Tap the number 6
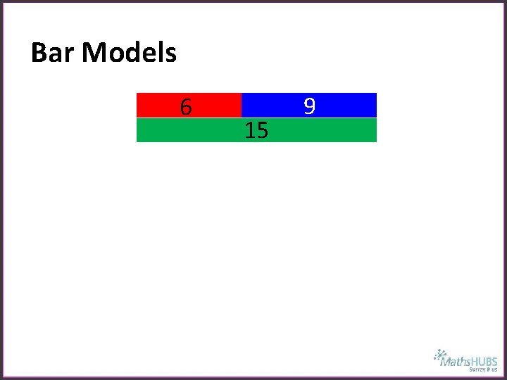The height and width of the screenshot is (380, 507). click(x=186, y=107)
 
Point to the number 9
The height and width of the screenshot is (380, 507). click(x=309, y=106)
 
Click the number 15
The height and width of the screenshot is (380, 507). click(x=256, y=130)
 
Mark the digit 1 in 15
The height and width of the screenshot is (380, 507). click(x=249, y=130)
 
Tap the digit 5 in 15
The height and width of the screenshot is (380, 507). click(x=262, y=130)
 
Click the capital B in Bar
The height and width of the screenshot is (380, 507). click(x=39, y=53)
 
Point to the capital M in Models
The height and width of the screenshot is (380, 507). click(x=94, y=53)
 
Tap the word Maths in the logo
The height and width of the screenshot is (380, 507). click(x=455, y=362)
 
